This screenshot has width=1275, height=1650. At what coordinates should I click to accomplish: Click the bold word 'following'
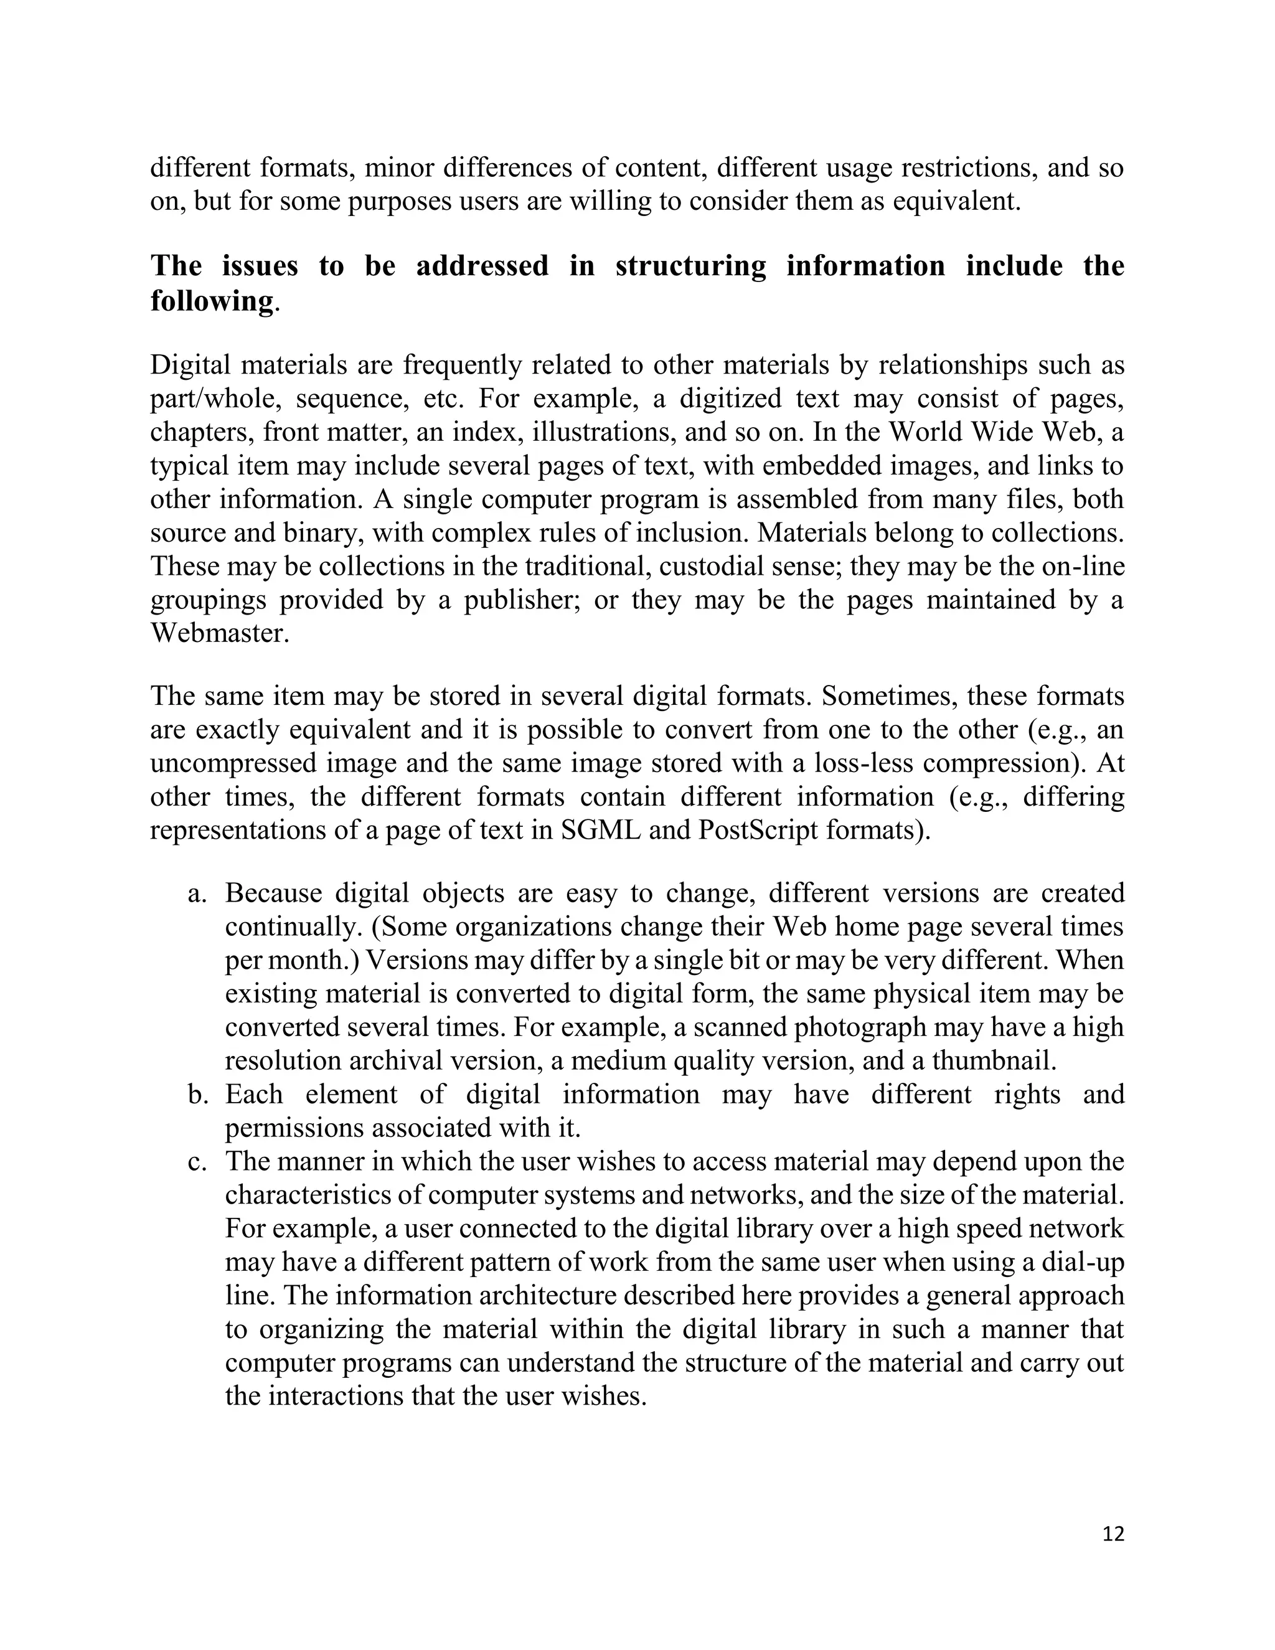[211, 301]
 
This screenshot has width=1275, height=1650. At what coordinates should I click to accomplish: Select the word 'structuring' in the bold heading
[690, 266]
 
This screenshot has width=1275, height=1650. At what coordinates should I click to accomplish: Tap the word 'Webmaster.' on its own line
[220, 633]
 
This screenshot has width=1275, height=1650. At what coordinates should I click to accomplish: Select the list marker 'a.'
[197, 893]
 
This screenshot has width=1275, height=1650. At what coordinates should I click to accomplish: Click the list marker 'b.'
[198, 1094]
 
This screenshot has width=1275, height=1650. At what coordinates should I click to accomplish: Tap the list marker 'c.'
[197, 1161]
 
